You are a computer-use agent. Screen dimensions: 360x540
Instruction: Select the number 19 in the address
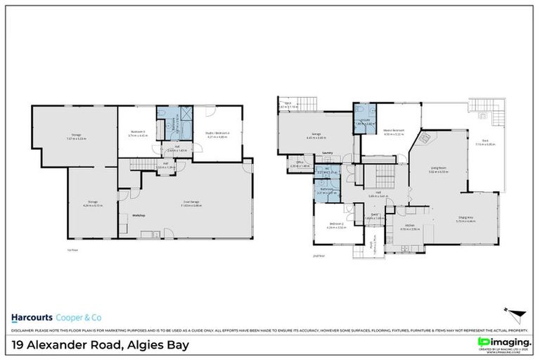(x=19, y=345)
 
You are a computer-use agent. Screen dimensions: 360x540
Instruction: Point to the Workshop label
(x=139, y=214)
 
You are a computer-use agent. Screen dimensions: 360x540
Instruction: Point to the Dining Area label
(x=467, y=217)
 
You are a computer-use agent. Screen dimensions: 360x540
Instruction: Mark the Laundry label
(x=328, y=152)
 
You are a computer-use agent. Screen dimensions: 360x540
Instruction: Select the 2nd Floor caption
(x=319, y=256)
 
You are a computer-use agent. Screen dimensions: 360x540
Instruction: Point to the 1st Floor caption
(x=63, y=249)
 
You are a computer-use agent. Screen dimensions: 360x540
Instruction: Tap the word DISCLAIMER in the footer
(x=22, y=330)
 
